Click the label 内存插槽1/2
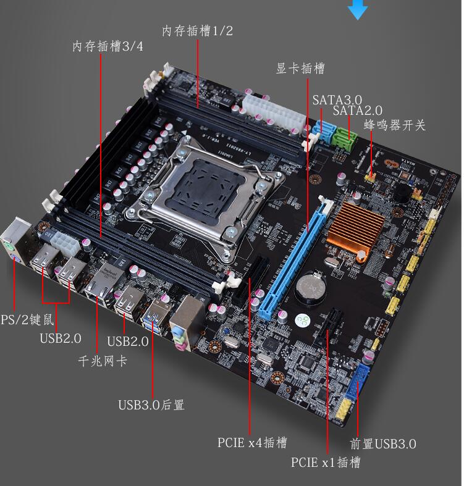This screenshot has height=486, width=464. pos(198,31)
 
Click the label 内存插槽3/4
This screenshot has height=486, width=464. pos(108,46)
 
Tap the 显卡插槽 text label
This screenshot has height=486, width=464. pos(300,68)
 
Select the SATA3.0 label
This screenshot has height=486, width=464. pos(337,100)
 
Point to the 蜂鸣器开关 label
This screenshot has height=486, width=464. pos(395,125)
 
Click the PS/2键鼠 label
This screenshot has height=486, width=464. pos(27,319)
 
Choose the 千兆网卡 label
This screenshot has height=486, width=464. pos(103,361)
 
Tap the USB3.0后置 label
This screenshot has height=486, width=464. pos(151,404)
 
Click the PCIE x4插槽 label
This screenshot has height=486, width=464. pos(252,443)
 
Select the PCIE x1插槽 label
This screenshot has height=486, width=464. pos(326,462)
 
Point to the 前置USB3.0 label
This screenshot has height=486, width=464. pos(383,444)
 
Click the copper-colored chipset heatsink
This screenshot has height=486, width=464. pos(355,228)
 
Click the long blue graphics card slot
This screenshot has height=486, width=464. pos(293,258)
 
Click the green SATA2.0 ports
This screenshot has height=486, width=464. pos(345,138)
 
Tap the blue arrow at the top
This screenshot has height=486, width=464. pos(358,9)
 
